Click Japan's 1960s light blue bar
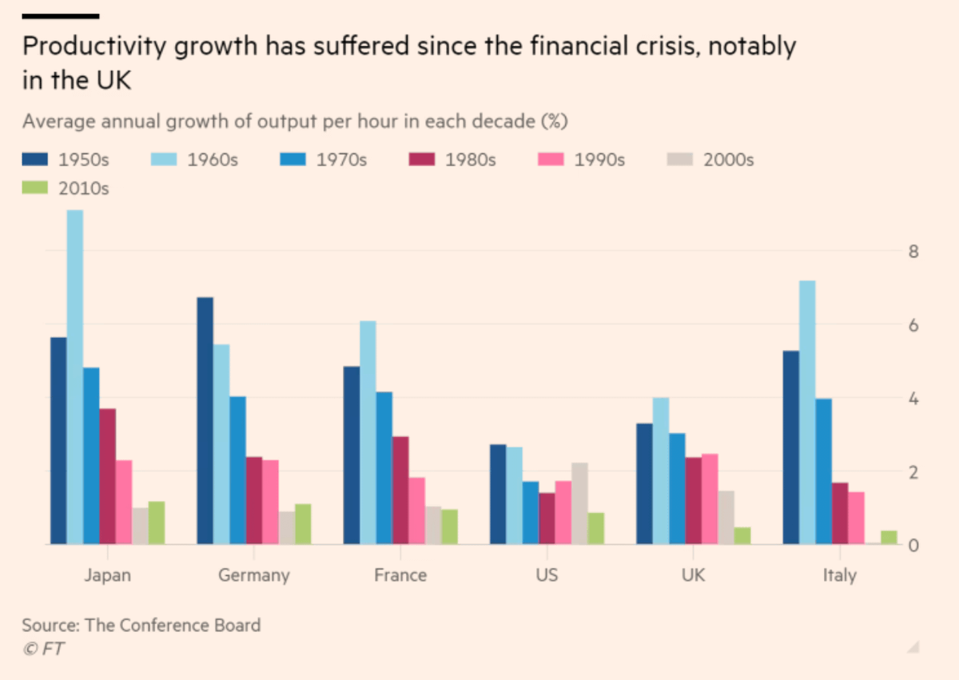pos(74,376)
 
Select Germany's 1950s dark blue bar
pos(205,420)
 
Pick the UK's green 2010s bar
pos(742,535)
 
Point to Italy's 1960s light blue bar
pos(807,412)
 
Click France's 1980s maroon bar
pos(400,490)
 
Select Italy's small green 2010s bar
pos(889,537)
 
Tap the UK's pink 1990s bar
pos(710,499)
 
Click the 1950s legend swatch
pos(36,159)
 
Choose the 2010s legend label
pos(83,189)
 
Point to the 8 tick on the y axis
pos(914,253)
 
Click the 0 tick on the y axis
pos(914,546)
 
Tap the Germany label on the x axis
pos(253,575)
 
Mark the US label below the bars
pos(547,575)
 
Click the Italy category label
pos(839,575)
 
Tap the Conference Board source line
pos(141,625)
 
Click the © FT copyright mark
pos(43,649)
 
